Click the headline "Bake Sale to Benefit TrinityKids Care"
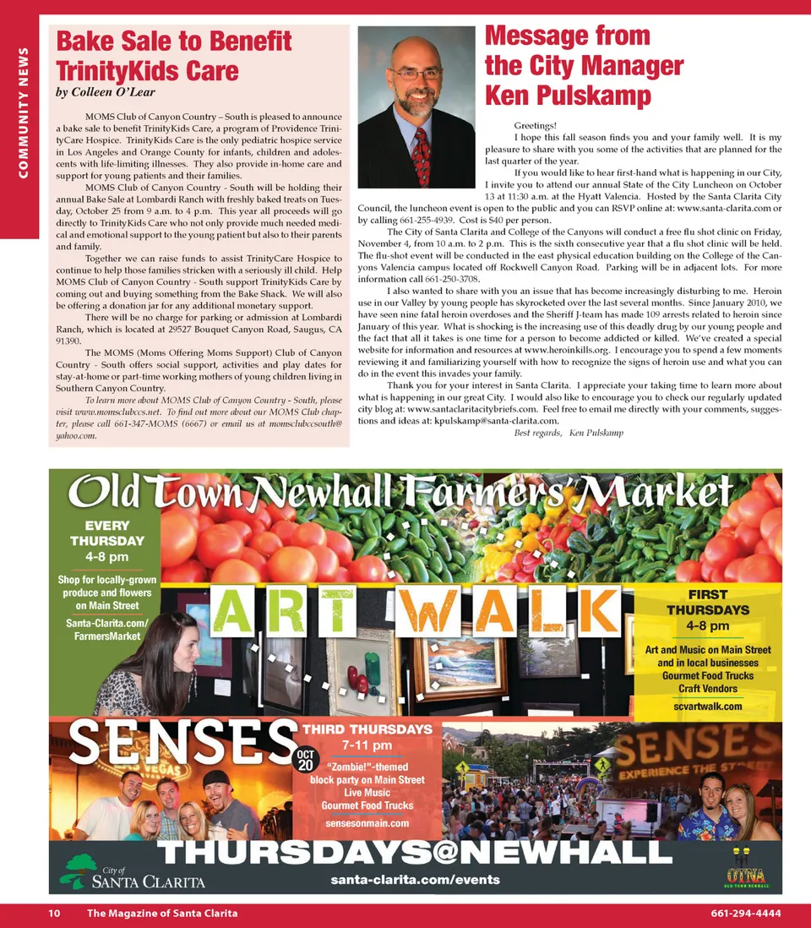point(173,55)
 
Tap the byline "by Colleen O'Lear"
point(106,91)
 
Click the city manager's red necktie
point(421,156)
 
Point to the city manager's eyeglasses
point(416,74)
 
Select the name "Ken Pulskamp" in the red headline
point(568,95)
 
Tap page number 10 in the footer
point(53,914)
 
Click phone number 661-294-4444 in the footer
point(745,914)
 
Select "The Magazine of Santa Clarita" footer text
point(162,914)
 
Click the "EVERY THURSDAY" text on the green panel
point(107,532)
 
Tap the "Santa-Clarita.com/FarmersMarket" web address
point(106,629)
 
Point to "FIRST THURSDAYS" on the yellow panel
point(707,602)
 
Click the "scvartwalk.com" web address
point(708,706)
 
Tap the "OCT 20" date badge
point(305,759)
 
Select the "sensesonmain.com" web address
point(367,822)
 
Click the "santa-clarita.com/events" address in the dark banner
point(415,879)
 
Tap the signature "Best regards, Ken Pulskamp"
point(569,433)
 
